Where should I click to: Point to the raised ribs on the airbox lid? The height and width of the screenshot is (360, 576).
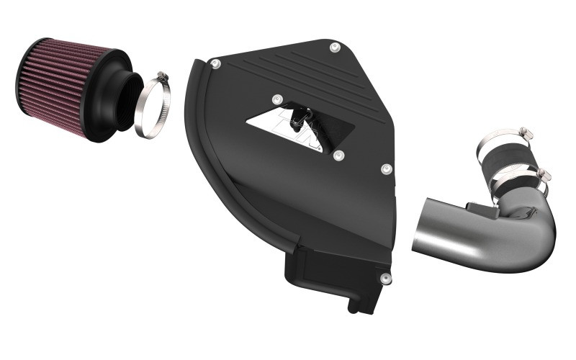[288, 72]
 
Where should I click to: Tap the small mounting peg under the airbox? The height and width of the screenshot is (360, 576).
[354, 306]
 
